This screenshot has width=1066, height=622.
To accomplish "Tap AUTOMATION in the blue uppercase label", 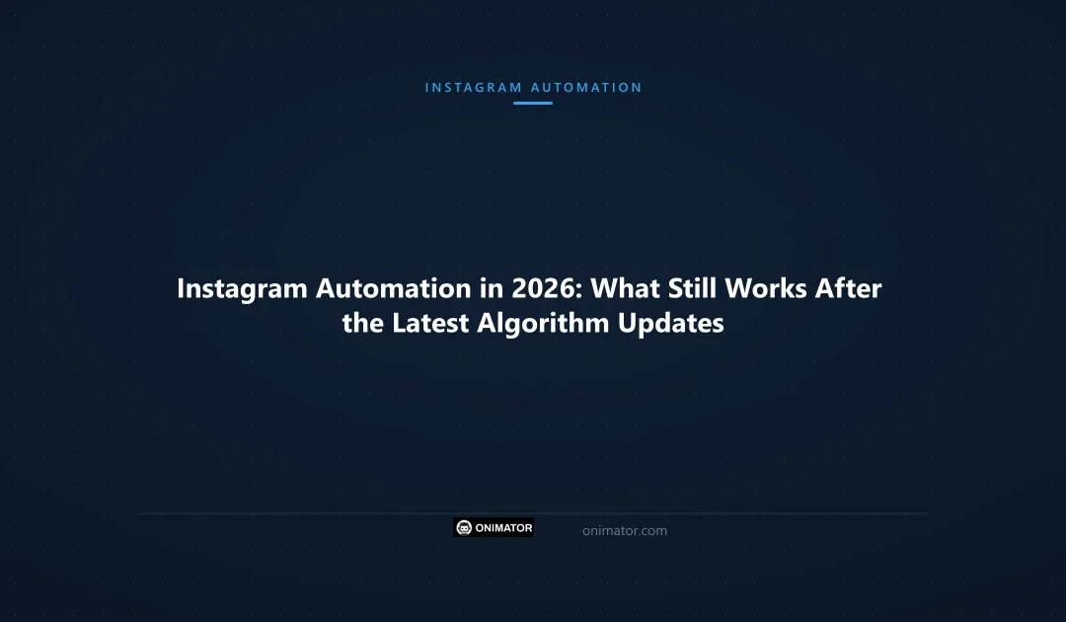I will coord(586,88).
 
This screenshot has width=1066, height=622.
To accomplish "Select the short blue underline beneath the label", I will coord(533,103).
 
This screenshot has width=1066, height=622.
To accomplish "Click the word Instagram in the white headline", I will coord(242,289).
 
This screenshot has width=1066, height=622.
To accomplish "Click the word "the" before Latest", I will coord(363,323).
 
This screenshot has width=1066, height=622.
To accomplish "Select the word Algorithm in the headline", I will coord(544,324).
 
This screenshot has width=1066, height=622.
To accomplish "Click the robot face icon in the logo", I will coord(464,528).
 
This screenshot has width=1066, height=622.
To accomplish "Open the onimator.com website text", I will coord(625,531).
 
